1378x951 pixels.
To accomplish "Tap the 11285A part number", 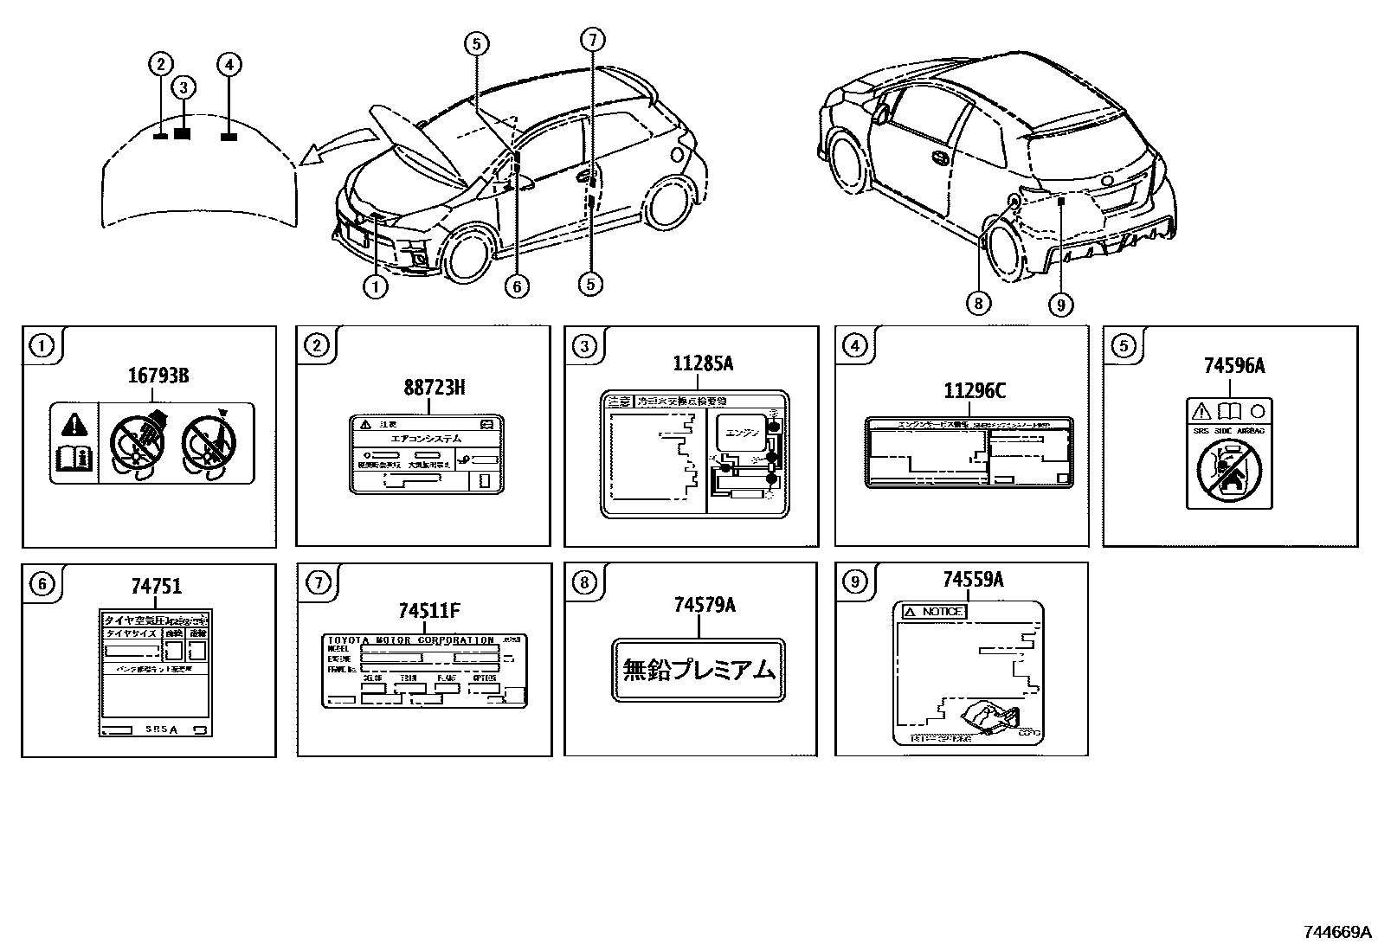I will pyautogui.click(x=703, y=364).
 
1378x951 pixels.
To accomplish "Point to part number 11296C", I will pyautogui.click(x=974, y=391).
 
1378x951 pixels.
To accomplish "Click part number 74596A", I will pyautogui.click(x=1233, y=366).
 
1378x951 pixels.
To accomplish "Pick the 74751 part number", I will pyautogui.click(x=157, y=587).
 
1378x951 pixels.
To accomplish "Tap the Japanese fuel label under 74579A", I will pyautogui.click(x=699, y=670).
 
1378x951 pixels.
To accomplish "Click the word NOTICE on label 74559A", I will pyautogui.click(x=940, y=612).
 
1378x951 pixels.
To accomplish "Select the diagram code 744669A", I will pyautogui.click(x=1337, y=932).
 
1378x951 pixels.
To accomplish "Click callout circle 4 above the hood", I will pyautogui.click(x=229, y=64).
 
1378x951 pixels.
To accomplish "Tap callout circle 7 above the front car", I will pyautogui.click(x=592, y=40).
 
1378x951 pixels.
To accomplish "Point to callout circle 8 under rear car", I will pyautogui.click(x=978, y=302).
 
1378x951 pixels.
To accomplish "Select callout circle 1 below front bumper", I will pyautogui.click(x=375, y=286).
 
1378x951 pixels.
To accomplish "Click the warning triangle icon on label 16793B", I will pyautogui.click(x=74, y=424).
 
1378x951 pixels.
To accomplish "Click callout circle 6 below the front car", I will pyautogui.click(x=517, y=286).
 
